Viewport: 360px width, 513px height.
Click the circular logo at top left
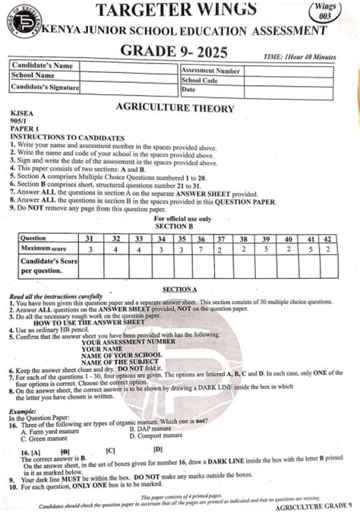pos(27,25)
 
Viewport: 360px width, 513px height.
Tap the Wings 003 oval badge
pos(334,12)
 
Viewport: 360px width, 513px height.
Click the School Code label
pos(201,80)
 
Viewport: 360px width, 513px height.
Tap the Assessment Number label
pos(211,70)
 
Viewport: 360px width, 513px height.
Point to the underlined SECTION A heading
pos(180,290)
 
